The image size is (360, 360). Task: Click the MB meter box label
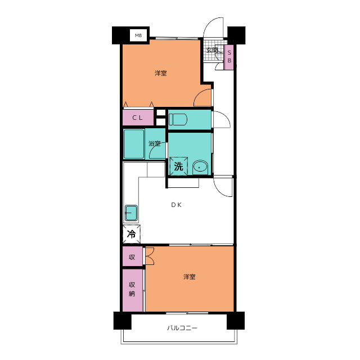(138, 35)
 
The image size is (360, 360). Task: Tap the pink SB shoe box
(229, 57)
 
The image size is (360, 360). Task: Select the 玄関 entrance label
(212, 50)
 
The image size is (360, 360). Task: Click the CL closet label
(138, 118)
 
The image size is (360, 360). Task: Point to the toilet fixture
(178, 119)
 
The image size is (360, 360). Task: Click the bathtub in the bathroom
(134, 144)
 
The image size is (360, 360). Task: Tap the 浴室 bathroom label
(154, 143)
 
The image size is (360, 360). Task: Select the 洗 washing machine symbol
(179, 166)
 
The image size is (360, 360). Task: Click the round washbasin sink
(200, 168)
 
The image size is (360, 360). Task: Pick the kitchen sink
(131, 213)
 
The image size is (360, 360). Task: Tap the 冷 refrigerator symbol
(132, 234)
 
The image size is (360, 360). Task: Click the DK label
(176, 205)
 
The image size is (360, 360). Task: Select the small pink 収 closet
(133, 256)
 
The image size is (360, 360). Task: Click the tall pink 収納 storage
(133, 290)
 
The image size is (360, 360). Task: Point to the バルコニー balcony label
(182, 328)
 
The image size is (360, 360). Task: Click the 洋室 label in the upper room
(160, 73)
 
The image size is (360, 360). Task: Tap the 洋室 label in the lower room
(190, 277)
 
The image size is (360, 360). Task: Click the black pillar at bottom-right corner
(236, 321)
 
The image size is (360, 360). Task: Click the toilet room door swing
(222, 119)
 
